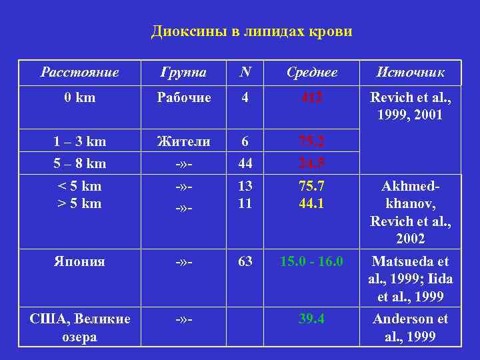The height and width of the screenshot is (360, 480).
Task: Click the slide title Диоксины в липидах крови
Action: pos(251,31)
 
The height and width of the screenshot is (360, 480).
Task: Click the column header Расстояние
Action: pos(79,72)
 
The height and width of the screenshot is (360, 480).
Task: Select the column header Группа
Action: pos(184,72)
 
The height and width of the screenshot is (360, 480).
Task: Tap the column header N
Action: pos(245,72)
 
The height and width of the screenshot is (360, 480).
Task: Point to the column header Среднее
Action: pos(311,72)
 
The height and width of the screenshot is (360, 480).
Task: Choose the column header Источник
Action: pos(410,72)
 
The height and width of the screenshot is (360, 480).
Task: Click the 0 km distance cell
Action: pos(79,98)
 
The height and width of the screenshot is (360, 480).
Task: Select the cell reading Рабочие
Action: pos(184,98)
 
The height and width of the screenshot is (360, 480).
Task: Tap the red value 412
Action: pos(311,98)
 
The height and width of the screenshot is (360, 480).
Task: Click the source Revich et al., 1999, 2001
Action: pos(410,107)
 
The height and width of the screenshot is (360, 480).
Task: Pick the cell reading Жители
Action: pos(184,141)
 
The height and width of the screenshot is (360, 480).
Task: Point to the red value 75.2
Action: pos(311,141)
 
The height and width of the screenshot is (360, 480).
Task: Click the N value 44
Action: pos(245,163)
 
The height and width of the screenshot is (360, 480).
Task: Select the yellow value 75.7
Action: pos(311,186)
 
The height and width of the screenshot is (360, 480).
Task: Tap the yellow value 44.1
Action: pos(311,203)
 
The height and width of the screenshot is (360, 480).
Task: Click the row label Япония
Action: pos(79,262)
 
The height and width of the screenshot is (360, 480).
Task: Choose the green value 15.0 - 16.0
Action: pos(311,262)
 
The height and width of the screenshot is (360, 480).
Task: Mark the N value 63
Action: pos(245,262)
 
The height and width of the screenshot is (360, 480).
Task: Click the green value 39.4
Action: pos(311,319)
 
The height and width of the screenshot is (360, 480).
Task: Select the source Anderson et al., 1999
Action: pos(410,327)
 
